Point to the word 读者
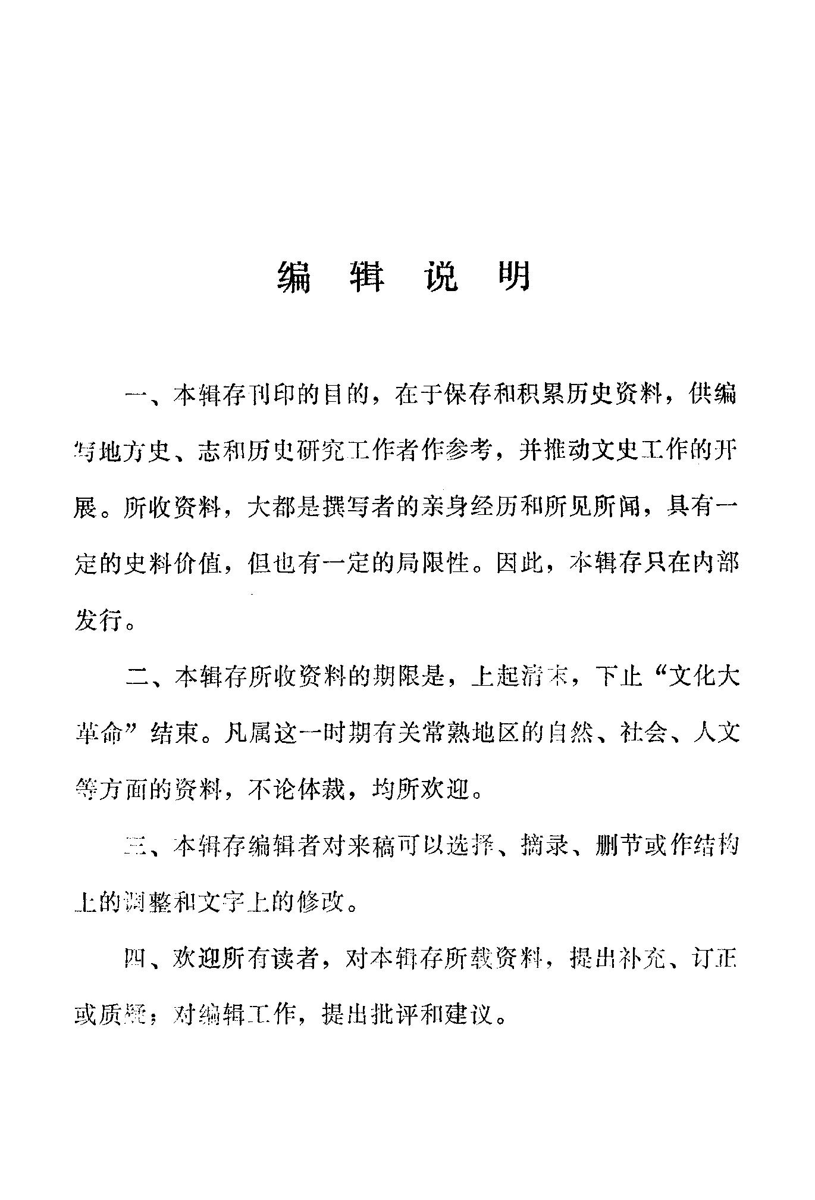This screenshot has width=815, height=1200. (294, 958)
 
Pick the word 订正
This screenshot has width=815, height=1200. (713, 958)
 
